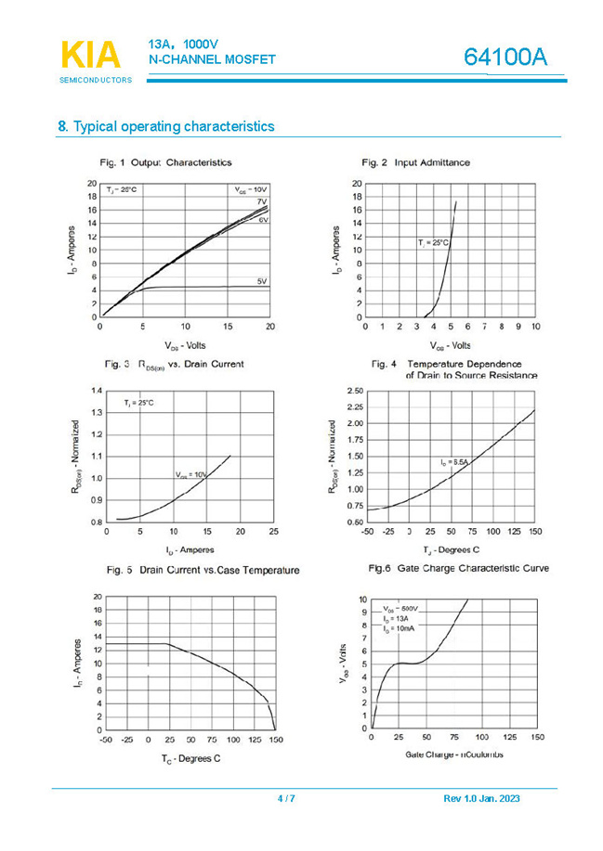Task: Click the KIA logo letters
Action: [x=91, y=55]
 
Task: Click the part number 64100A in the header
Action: [x=506, y=58]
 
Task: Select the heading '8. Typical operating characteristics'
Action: [x=166, y=126]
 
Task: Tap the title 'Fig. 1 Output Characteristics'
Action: [x=169, y=162]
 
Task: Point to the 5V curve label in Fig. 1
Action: [x=262, y=280]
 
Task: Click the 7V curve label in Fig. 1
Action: [x=262, y=201]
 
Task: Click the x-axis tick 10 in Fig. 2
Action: [x=535, y=327]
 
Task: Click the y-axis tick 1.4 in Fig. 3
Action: [x=97, y=391]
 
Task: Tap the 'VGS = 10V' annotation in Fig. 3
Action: [x=190, y=474]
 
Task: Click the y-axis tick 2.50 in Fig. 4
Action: [x=354, y=392]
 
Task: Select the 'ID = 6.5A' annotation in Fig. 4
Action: [x=455, y=461]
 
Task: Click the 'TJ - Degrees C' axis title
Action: [x=451, y=550]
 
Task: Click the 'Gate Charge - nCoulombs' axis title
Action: [x=454, y=754]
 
